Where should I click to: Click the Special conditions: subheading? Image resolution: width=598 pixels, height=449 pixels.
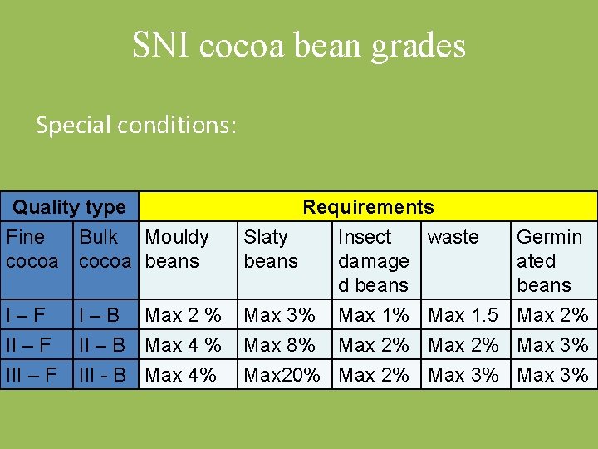point(136,125)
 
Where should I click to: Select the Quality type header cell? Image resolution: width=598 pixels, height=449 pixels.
point(70,207)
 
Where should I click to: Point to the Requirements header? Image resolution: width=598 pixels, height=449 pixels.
point(368,207)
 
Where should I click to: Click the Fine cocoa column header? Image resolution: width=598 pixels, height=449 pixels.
point(32,249)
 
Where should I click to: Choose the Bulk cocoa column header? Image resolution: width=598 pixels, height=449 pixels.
point(105,249)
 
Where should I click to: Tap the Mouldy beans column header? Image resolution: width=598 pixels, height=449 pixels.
point(177,249)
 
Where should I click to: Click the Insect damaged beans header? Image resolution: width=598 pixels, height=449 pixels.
point(373,260)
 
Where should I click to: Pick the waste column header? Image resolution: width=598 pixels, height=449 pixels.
point(453,237)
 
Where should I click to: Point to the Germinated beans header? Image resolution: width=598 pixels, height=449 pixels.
point(549,260)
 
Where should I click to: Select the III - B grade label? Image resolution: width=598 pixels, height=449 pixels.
point(102,375)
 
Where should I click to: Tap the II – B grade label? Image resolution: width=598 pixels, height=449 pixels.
point(102,345)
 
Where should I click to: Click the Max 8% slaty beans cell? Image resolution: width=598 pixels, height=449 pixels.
point(279,345)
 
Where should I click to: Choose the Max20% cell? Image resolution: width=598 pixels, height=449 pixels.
point(282,375)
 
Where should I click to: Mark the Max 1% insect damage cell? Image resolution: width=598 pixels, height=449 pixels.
point(374,316)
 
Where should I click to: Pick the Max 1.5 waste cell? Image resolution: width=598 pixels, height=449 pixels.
point(463,316)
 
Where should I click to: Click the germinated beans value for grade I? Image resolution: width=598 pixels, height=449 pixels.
point(552,316)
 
